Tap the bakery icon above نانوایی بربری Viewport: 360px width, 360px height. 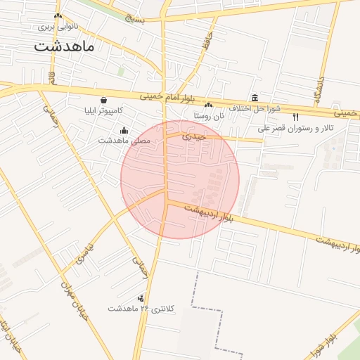click(x=58, y=15)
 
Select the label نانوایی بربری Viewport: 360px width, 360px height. click(x=58, y=27)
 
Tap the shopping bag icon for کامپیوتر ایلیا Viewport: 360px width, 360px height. click(x=104, y=100)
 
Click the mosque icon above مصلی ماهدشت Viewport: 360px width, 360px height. click(x=124, y=129)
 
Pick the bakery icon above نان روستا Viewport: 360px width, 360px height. click(x=208, y=104)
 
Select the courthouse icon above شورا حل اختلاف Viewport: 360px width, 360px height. click(x=255, y=98)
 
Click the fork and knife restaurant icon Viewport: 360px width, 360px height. click(x=295, y=117)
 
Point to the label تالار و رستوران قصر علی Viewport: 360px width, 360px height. click(x=295, y=128)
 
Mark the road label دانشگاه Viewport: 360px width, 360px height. click(x=319, y=88)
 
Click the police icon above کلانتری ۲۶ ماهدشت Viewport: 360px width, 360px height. click(x=141, y=298)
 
